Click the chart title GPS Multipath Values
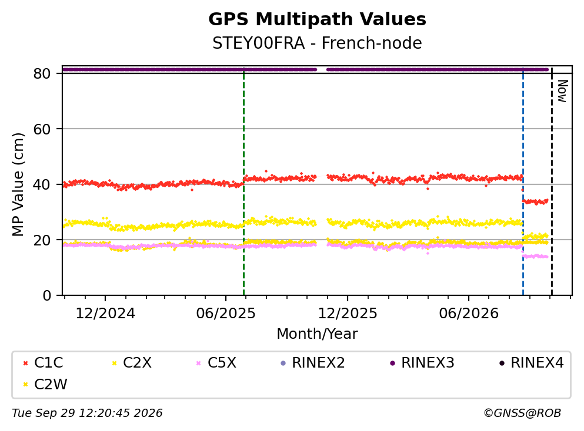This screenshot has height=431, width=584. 317,19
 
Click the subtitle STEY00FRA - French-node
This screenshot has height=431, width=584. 317,43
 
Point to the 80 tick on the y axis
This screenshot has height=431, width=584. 42,73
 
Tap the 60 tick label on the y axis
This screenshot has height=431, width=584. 42,129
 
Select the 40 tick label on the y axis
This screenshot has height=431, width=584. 42,184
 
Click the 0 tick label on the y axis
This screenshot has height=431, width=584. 46,295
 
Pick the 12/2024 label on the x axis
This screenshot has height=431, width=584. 105,314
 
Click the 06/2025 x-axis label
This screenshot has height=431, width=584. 226,314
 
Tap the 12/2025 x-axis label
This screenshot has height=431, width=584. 348,314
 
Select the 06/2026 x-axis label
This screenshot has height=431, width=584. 469,314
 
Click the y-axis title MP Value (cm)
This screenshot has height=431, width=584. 18,184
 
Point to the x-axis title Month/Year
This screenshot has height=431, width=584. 317,334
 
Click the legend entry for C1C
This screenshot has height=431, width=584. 43,362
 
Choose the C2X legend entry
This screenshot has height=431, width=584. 132,362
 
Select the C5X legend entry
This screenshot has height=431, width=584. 216,362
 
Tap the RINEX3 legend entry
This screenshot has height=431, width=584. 422,362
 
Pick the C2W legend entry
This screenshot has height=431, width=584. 45,385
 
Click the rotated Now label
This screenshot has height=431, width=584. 562,91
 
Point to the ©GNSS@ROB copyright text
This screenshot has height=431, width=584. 522,413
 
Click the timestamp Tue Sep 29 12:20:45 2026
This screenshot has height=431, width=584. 87,413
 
